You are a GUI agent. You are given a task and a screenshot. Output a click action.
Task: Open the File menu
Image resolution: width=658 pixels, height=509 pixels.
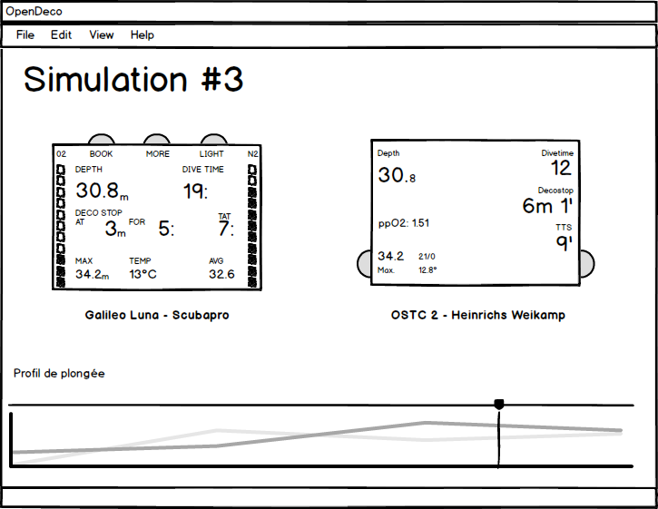click(x=25, y=34)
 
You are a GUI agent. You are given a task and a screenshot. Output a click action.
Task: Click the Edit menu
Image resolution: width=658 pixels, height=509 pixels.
click(x=62, y=34)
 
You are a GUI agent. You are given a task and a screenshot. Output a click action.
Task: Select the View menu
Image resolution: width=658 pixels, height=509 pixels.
click(x=102, y=34)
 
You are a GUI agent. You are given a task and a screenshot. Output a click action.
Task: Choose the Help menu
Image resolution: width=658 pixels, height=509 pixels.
click(x=142, y=35)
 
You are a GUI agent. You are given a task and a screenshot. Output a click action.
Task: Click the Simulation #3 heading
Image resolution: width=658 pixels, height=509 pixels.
click(x=133, y=79)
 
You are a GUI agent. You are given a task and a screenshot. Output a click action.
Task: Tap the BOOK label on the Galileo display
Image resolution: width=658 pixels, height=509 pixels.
click(x=101, y=154)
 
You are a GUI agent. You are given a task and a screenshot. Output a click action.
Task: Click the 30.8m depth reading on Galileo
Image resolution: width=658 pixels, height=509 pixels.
click(x=102, y=191)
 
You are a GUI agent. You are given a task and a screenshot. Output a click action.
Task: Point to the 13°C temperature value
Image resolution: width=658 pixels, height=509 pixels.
click(x=142, y=274)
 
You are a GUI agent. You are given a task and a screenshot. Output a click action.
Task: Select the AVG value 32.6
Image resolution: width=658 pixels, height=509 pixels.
click(x=221, y=274)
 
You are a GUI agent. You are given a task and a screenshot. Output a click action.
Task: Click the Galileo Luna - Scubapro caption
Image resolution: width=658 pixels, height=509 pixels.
click(x=157, y=315)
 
